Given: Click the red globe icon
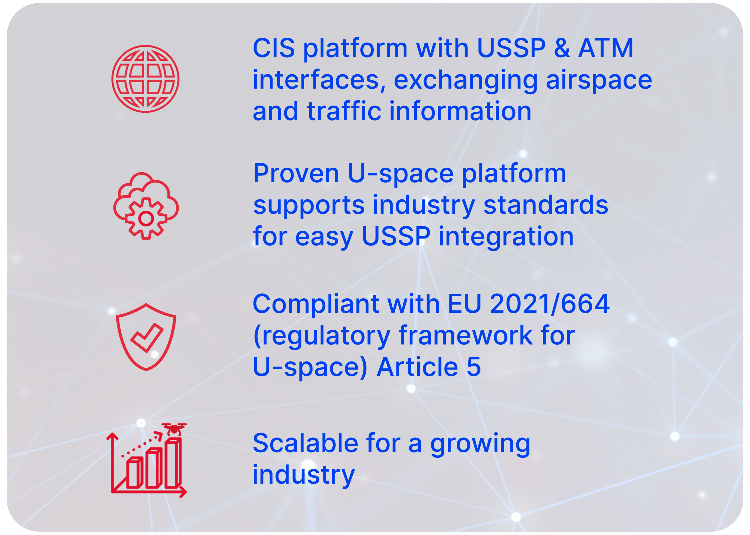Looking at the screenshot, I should pyautogui.click(x=145, y=79).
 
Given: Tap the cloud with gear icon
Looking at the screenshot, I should pyautogui.click(x=146, y=206).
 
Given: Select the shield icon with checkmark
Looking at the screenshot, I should pyautogui.click(x=146, y=337).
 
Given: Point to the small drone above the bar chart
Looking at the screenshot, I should pyautogui.click(x=174, y=429).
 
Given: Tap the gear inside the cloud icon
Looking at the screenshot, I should pyautogui.click(x=146, y=219).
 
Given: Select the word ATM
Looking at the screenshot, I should pyautogui.click(x=606, y=48).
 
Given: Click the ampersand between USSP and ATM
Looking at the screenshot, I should pyautogui.click(x=562, y=48).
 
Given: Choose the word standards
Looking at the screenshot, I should pyautogui.click(x=546, y=205).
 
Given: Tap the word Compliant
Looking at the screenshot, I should pyautogui.click(x=316, y=304).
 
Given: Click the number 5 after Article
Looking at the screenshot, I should pyautogui.click(x=474, y=366).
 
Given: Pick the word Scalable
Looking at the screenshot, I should pyautogui.click(x=305, y=443).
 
